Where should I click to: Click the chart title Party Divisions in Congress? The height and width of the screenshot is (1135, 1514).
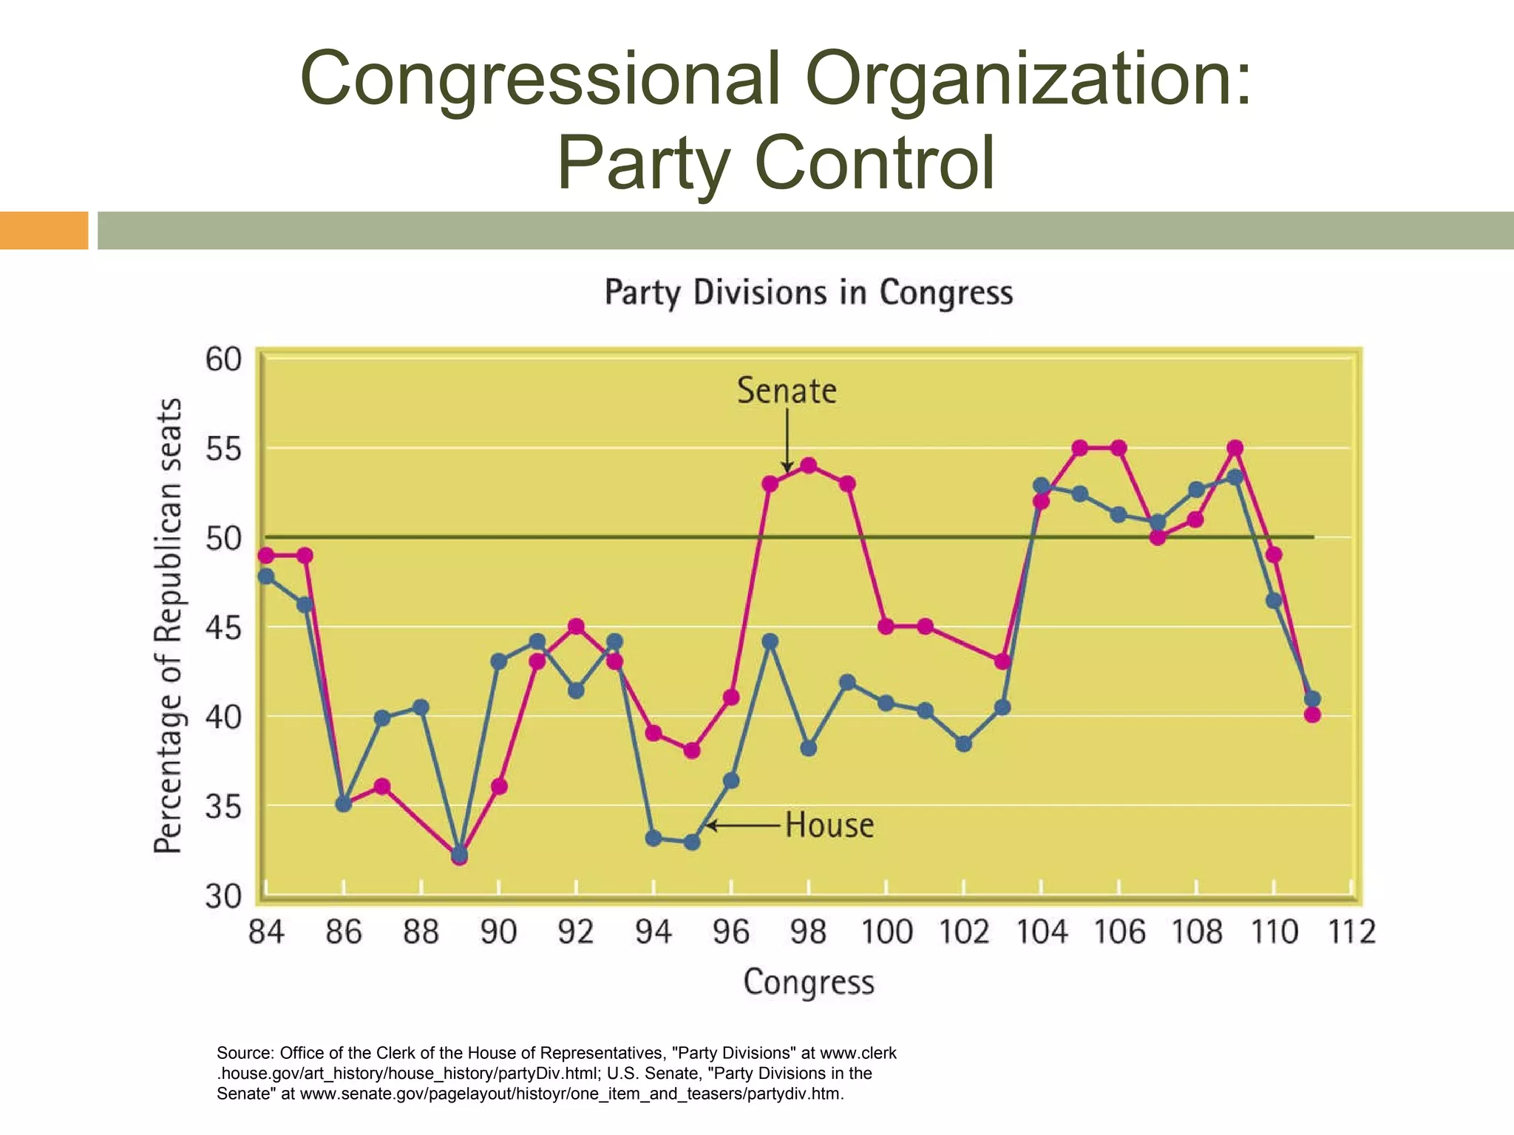[808, 293]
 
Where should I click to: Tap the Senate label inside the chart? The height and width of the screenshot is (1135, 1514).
[787, 390]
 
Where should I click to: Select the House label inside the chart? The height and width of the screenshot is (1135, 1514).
[829, 825]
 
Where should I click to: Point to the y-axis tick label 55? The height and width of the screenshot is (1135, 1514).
[223, 449]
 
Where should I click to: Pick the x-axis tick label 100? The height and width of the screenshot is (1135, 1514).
[886, 932]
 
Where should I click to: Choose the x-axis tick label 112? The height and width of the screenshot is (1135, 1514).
[1351, 932]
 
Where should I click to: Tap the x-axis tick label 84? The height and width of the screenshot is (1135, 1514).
[266, 932]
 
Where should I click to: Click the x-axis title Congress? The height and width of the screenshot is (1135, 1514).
[808, 982]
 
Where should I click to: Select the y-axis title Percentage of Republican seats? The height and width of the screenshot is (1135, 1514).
[168, 625]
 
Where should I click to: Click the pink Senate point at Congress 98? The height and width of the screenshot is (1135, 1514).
[809, 466]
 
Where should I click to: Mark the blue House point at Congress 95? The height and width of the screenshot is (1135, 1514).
[692, 842]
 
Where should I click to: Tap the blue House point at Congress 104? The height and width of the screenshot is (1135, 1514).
[1041, 485]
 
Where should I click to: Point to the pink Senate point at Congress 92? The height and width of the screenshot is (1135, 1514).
[577, 627]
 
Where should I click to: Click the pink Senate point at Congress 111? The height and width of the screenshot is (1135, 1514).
[1312, 715]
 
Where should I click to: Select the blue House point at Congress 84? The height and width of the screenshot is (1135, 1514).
[266, 576]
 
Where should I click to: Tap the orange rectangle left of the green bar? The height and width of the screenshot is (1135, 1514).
[44, 230]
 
